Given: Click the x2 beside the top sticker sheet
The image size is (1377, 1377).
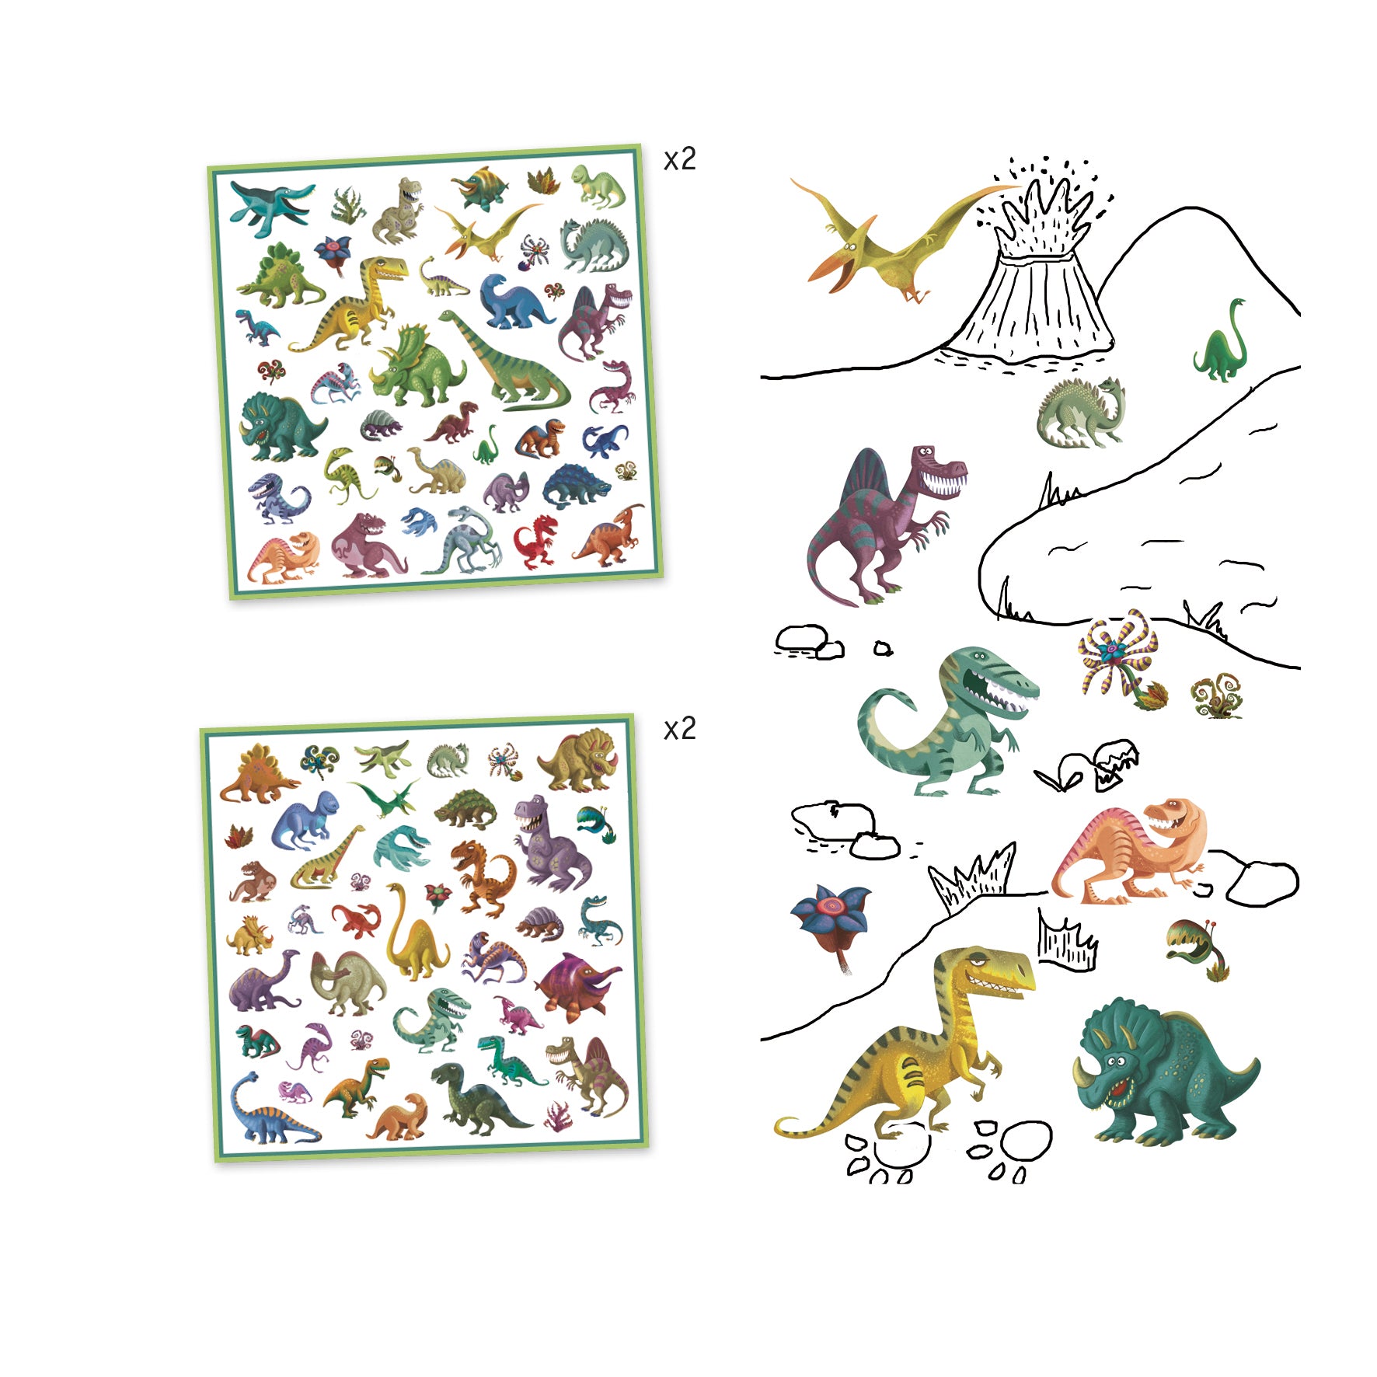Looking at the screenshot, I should [x=679, y=159].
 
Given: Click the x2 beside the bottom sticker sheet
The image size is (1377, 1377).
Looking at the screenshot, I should [x=679, y=729].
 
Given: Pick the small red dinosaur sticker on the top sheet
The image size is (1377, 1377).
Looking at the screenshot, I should [x=536, y=539].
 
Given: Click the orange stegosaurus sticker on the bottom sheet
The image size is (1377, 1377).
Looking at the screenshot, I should [x=256, y=772].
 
